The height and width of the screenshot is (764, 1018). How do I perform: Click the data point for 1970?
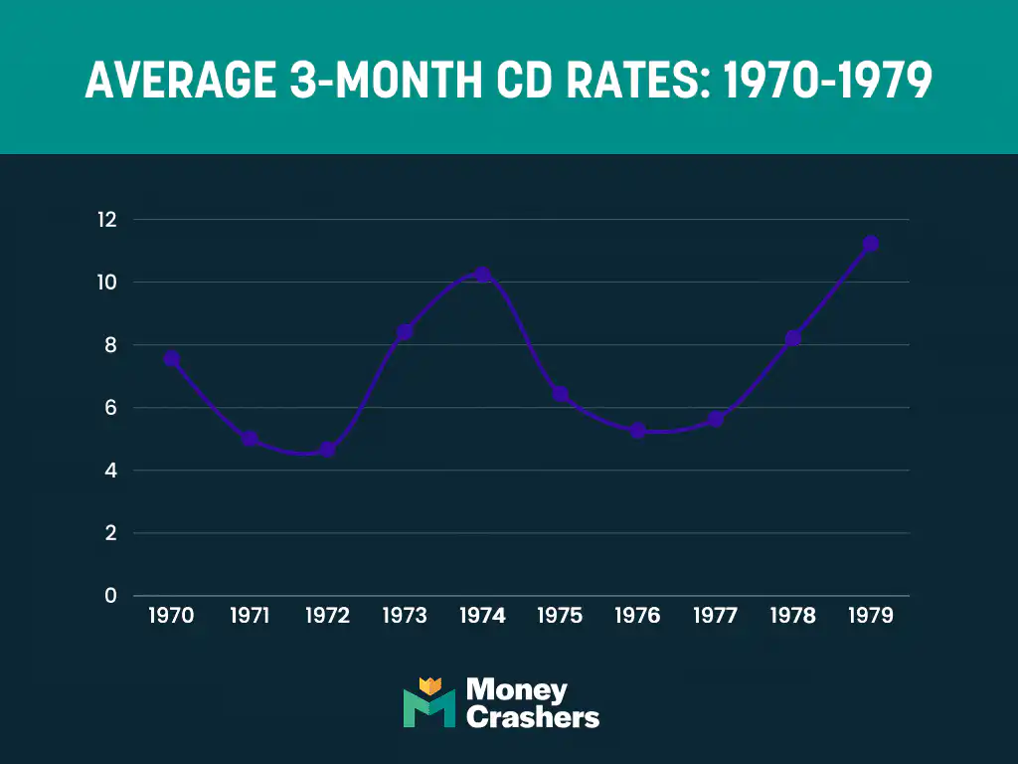click(x=172, y=358)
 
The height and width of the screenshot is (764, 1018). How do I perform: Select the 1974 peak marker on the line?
click(x=482, y=275)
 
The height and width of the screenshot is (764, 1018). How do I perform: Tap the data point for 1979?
click(x=870, y=244)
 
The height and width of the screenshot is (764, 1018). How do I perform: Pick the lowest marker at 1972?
click(x=327, y=450)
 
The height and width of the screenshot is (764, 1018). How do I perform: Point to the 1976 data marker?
click(x=637, y=431)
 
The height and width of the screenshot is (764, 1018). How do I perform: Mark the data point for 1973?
click(x=405, y=331)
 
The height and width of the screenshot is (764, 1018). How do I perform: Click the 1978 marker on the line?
click(x=792, y=338)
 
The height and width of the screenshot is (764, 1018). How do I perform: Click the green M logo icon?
click(x=428, y=703)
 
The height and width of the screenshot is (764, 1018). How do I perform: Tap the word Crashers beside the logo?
click(x=532, y=717)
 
